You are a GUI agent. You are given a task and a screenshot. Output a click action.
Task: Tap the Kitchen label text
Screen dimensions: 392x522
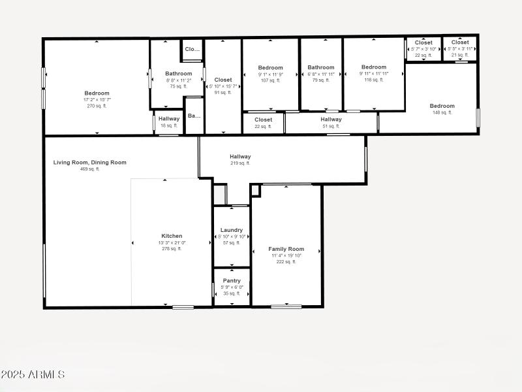tap(172, 236)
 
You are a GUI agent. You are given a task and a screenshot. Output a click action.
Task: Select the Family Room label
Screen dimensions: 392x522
tap(286, 249)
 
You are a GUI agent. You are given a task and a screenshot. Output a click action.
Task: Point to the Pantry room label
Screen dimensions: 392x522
tap(232, 281)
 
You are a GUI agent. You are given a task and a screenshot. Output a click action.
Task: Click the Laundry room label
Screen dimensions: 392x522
tap(232, 230)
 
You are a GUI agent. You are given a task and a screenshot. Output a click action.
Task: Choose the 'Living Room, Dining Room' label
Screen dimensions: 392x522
tap(90, 163)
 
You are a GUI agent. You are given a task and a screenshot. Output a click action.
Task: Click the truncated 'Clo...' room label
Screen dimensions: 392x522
tap(192, 49)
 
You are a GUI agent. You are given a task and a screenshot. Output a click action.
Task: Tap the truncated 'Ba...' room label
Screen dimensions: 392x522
tap(194, 116)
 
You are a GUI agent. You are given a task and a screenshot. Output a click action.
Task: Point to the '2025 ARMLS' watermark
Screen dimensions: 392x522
tap(33, 375)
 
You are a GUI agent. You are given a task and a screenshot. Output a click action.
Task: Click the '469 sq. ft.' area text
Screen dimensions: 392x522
tap(90, 169)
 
